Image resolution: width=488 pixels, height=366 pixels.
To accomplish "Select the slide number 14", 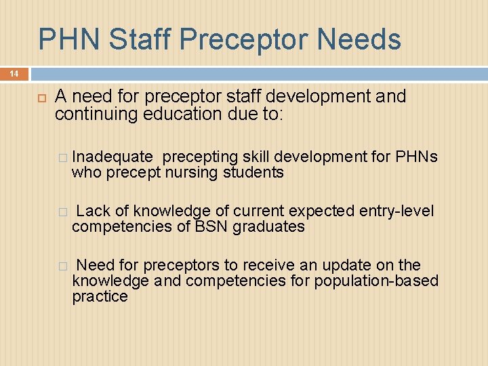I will [14, 73].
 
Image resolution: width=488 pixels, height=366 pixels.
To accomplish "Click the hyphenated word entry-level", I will [393, 211].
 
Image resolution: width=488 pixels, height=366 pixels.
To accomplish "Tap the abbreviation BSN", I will [211, 226].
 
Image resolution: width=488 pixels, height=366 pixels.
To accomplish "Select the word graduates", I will [269, 226].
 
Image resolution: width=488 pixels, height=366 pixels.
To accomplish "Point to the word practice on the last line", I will [100, 296].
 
